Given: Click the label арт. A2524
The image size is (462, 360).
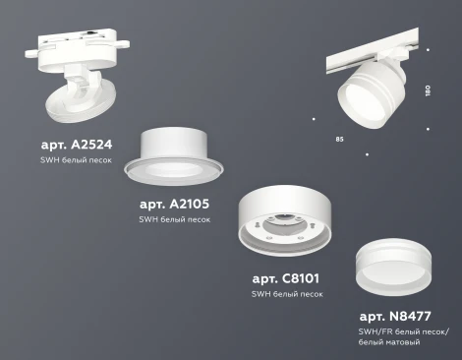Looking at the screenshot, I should click(x=78, y=144).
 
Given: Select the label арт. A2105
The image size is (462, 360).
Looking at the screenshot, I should click(x=174, y=204).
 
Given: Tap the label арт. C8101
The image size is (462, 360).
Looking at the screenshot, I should click(x=287, y=279).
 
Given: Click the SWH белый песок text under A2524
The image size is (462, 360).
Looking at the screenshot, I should click(x=76, y=159).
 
